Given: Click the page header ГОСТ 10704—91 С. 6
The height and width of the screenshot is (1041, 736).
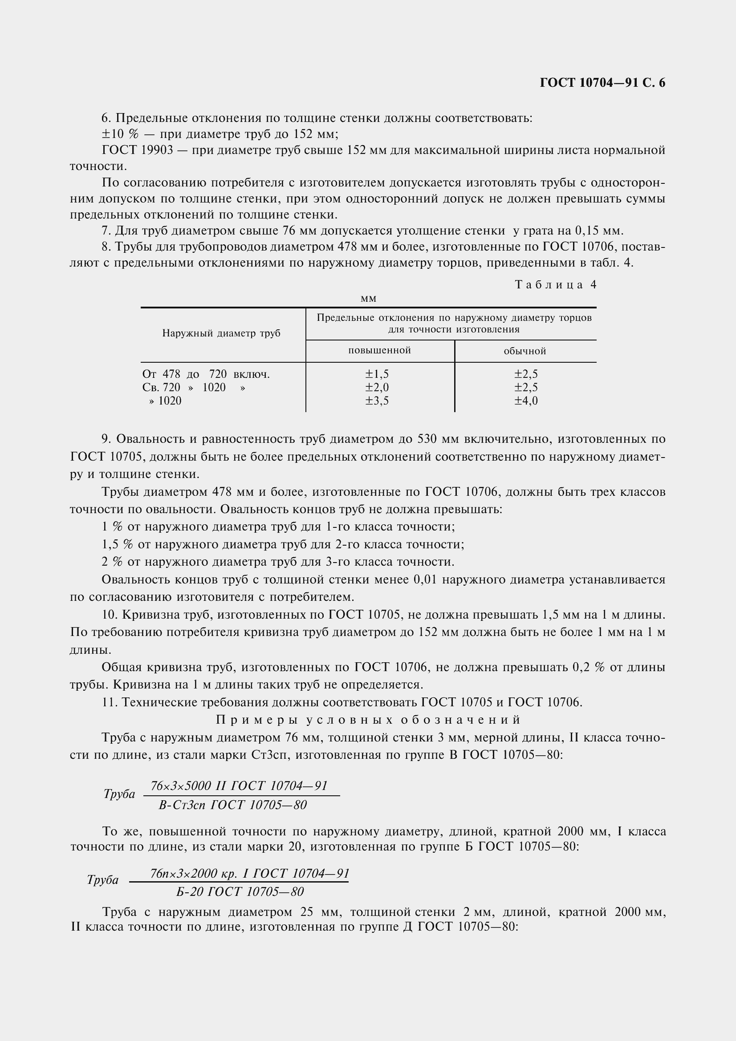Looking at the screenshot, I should tap(602, 83).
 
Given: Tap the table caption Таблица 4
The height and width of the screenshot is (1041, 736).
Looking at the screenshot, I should tap(556, 285).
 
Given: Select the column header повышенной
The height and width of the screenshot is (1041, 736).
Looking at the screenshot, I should tap(379, 350).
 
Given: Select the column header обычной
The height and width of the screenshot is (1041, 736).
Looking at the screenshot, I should tap(525, 351).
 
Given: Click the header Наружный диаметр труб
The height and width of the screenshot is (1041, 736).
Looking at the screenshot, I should tap(221, 334).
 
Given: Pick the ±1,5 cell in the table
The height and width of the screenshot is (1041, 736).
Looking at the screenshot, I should tap(377, 374).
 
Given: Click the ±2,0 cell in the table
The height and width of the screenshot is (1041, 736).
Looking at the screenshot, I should tap(377, 387).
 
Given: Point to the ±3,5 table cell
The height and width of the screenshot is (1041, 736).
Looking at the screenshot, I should tap(377, 401).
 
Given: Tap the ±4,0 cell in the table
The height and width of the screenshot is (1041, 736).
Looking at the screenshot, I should tap(526, 401).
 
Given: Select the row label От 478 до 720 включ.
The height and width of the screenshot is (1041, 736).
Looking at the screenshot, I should tap(206, 374).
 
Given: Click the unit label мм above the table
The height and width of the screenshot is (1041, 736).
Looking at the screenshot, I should tap(368, 299).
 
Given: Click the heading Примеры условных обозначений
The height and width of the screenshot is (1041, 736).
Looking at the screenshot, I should tap(368, 720).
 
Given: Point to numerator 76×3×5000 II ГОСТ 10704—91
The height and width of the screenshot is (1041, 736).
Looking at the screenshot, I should tap(239, 786).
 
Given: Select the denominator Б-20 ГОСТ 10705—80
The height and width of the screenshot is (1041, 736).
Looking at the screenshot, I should tap(240, 892).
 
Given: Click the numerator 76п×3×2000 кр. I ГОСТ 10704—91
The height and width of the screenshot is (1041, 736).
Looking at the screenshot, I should tap(249, 873).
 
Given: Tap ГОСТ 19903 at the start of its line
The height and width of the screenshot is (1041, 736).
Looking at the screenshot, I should tap(138, 150).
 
